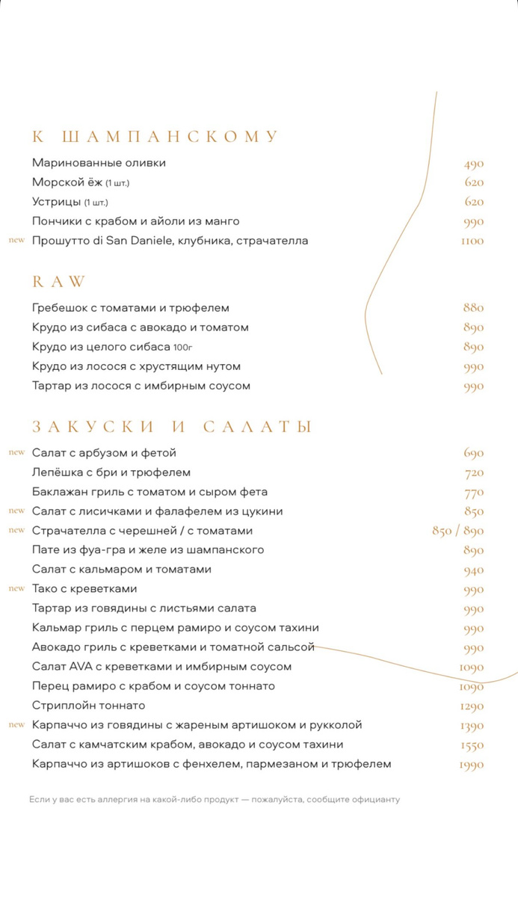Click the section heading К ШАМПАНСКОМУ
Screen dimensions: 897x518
155,137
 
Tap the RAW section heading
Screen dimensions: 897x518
59,282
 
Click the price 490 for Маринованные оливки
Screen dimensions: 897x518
473,164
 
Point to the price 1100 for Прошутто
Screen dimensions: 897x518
472,241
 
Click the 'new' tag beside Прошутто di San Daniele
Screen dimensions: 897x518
16,241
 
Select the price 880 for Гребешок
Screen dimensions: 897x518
473,308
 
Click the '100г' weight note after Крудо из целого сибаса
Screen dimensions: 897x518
183,348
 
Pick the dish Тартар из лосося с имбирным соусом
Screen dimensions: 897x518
141,386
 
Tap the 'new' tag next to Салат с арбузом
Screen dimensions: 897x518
16,453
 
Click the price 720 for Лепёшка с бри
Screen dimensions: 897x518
474,473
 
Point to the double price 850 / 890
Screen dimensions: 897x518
457,531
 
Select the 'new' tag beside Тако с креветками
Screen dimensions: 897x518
16,589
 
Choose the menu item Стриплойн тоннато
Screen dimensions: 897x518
89,706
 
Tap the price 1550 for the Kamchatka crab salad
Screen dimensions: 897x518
472,745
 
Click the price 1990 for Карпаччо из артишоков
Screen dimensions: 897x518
472,765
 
